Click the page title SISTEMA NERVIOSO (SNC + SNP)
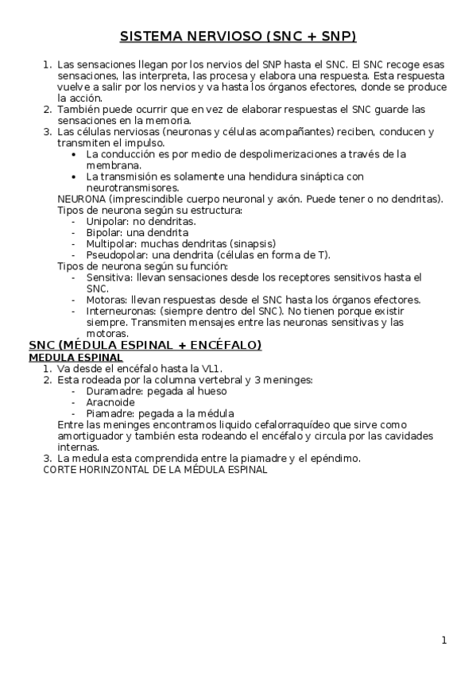click(238, 37)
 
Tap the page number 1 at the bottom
click(444, 640)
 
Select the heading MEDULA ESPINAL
click(71, 358)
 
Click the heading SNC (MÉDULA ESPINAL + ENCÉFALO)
click(145, 346)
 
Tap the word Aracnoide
click(110, 402)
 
